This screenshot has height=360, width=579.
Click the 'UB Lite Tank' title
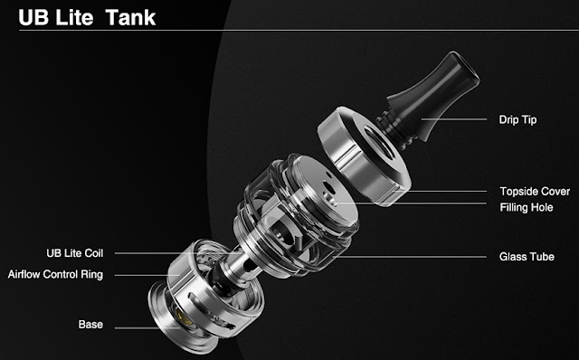point(87,18)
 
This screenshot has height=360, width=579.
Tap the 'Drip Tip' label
point(517,119)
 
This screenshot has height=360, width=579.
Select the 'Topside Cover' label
point(535,191)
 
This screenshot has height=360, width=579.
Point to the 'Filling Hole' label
point(527,207)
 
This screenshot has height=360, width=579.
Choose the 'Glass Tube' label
point(527,257)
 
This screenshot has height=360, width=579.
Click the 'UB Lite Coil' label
point(74,253)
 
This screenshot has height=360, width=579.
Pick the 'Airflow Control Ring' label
point(55,274)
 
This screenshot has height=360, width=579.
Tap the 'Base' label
point(90,325)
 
